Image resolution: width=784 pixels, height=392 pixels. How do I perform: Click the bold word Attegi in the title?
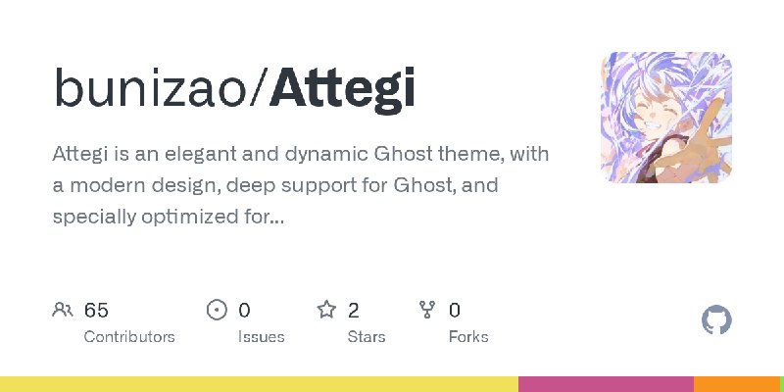pyautogui.click(x=342, y=89)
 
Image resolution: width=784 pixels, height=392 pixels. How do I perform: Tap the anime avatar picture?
pyautogui.click(x=666, y=118)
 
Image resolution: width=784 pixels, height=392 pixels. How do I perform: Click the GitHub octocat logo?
pyautogui.click(x=717, y=320)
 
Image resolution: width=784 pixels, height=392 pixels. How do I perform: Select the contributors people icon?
pyautogui.click(x=63, y=311)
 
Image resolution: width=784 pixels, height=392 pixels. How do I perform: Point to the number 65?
pyautogui.click(x=96, y=311)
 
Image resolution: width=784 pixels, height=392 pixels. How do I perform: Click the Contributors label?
pyautogui.click(x=129, y=336)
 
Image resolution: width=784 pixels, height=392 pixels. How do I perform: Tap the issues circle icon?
pyautogui.click(x=217, y=311)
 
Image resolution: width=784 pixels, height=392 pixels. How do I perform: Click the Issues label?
pyautogui.click(x=261, y=336)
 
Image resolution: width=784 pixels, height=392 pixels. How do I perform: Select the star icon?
pyautogui.click(x=326, y=311)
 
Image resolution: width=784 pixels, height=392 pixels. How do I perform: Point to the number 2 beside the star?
pyautogui.click(x=354, y=311)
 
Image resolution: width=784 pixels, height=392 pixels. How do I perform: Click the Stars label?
pyautogui.click(x=367, y=336)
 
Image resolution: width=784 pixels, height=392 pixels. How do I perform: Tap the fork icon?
pyautogui.click(x=427, y=311)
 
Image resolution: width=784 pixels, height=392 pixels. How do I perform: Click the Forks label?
pyautogui.click(x=468, y=336)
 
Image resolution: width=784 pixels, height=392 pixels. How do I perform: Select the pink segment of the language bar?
pyautogui.click(x=606, y=384)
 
